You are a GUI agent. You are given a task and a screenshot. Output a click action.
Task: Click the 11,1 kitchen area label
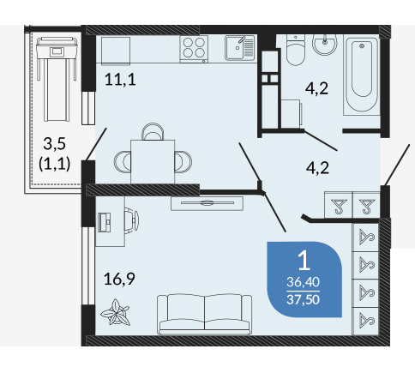[x=120, y=80]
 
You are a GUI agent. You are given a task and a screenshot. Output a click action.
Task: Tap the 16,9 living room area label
[x=119, y=280]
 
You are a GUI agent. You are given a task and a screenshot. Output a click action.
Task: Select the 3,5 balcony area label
[x=55, y=143]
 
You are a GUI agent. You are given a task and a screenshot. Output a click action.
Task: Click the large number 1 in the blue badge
[x=304, y=261]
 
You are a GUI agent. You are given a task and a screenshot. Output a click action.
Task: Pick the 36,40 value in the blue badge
[x=304, y=282]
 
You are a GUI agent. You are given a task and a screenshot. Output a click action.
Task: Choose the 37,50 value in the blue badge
[x=304, y=299]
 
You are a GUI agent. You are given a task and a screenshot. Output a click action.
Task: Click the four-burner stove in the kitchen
[x=194, y=49]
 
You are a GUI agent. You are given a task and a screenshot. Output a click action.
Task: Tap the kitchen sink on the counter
[x=239, y=48]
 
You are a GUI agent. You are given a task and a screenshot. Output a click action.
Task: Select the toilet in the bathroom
[x=296, y=50]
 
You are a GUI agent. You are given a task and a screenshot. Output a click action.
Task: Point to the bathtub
[x=362, y=75]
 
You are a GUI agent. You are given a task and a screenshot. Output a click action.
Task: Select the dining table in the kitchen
[x=153, y=161]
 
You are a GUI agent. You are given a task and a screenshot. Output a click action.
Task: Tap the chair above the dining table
[x=153, y=131]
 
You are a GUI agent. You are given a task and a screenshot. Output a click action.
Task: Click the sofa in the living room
[x=205, y=315]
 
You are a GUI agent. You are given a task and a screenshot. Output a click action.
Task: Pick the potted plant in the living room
[x=116, y=312]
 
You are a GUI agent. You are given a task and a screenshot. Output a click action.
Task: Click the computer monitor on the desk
[x=105, y=222]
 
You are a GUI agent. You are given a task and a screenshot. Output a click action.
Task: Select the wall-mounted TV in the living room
[x=207, y=203]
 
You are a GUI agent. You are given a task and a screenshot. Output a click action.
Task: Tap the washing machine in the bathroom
[x=291, y=114]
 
